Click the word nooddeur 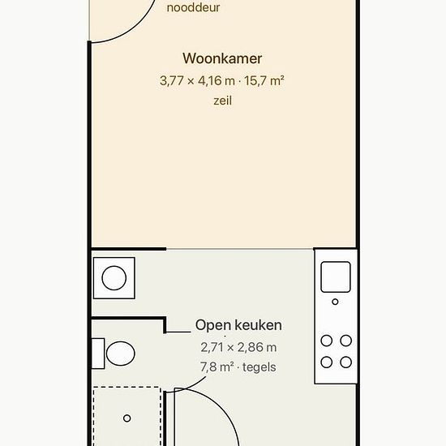pyautogui.click(x=193, y=7)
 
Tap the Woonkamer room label pyautogui.click(x=222, y=58)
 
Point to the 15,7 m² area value pyautogui.click(x=264, y=81)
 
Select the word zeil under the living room pyautogui.click(x=223, y=101)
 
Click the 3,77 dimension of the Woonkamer pyautogui.click(x=172, y=81)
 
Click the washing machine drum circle pyautogui.click(x=114, y=278)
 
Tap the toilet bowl pyautogui.click(x=121, y=354)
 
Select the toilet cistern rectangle pyautogui.click(x=98, y=354)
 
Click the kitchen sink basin pyautogui.click(x=336, y=277)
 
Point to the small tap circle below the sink pyautogui.click(x=336, y=302)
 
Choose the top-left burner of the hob pyautogui.click(x=327, y=341)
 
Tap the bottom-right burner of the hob pyautogui.click(x=346, y=362)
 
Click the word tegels pyautogui.click(x=259, y=367)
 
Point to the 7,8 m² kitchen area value pyautogui.click(x=217, y=367)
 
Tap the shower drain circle pyautogui.click(x=127, y=418)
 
